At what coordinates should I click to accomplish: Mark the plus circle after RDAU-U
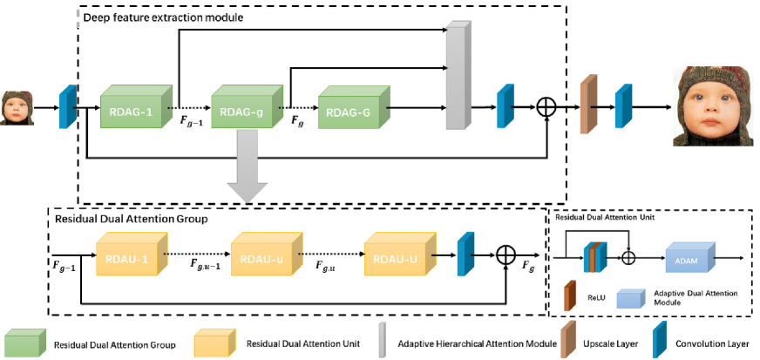click(x=506, y=255)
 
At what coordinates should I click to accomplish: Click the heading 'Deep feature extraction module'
click(x=159, y=17)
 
